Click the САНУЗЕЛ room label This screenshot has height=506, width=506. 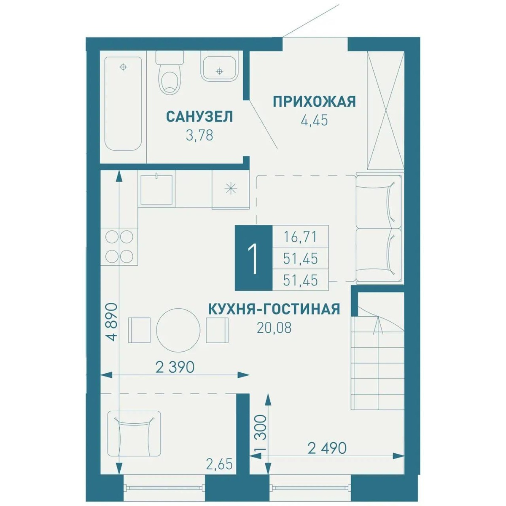tap(199, 116)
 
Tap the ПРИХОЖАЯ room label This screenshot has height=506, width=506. tap(315, 102)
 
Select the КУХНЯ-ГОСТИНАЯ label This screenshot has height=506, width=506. tap(274, 309)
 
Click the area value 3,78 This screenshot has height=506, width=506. tap(199, 135)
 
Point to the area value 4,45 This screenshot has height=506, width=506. tap(315, 120)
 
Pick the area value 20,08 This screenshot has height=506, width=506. tap(275, 328)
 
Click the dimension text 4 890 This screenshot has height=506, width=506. tap(113, 322)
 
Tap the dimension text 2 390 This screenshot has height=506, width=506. tap(175, 367)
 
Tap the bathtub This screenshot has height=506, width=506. tap(123, 104)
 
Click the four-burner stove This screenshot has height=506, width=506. tap(119, 248)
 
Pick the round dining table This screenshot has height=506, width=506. tap(178, 330)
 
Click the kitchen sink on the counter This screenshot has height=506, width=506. tap(156, 190)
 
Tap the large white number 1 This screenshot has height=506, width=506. tap(253, 258)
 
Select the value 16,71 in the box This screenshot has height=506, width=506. tap(300, 237)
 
